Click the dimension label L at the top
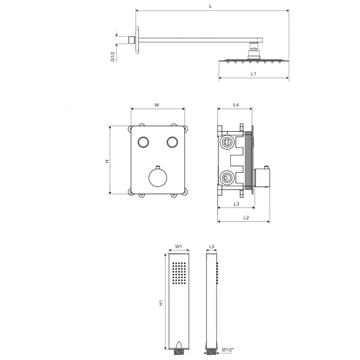click(210, 6)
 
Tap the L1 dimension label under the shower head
click(253, 74)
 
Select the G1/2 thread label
click(113, 57)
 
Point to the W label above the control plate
click(157, 105)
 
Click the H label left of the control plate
click(107, 161)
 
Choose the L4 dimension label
click(236, 105)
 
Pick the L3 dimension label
click(236, 204)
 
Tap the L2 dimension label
click(246, 217)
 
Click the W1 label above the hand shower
click(179, 246)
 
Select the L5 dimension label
click(211, 246)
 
